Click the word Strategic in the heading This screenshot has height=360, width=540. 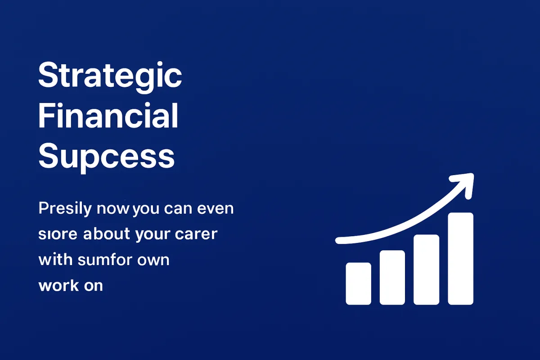110,77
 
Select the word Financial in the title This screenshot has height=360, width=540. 108,116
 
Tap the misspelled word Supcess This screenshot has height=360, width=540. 106,157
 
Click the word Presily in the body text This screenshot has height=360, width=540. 65,209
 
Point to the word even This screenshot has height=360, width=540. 216,209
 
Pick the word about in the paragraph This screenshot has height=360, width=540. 107,234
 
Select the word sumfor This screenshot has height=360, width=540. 105,260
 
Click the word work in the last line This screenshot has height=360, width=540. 58,285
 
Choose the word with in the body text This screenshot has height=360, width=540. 55,260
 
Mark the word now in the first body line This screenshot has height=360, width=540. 113,209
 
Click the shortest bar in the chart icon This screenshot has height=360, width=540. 359,283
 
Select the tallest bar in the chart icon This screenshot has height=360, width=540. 460,259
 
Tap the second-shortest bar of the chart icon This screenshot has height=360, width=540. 392,278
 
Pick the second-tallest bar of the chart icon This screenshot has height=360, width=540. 427,270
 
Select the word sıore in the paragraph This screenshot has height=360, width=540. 58,234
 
